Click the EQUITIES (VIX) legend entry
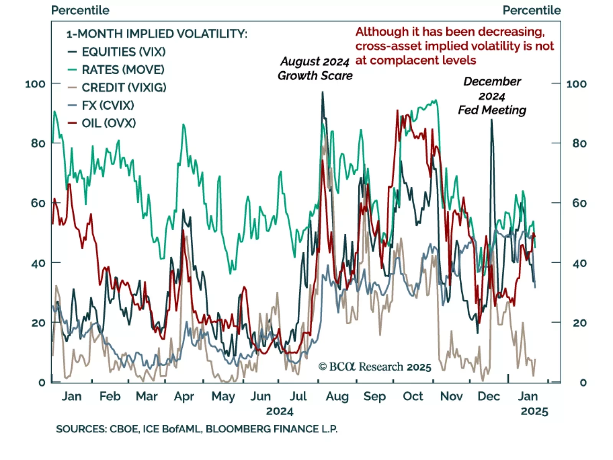click(123, 52)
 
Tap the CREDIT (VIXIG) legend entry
click(124, 87)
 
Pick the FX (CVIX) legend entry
click(108, 105)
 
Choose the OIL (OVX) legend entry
click(108, 123)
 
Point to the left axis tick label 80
click(38, 143)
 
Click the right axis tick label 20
click(579, 323)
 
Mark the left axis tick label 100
click(35, 84)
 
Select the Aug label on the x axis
click(337, 396)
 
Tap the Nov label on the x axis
click(451, 396)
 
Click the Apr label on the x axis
click(184, 396)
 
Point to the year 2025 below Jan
click(534, 412)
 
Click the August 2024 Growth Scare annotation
click(315, 69)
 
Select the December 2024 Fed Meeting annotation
click(492, 96)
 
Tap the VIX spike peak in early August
click(323, 92)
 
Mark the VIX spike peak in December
click(492, 120)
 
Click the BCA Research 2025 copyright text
click(375, 367)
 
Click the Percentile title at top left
click(80, 10)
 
